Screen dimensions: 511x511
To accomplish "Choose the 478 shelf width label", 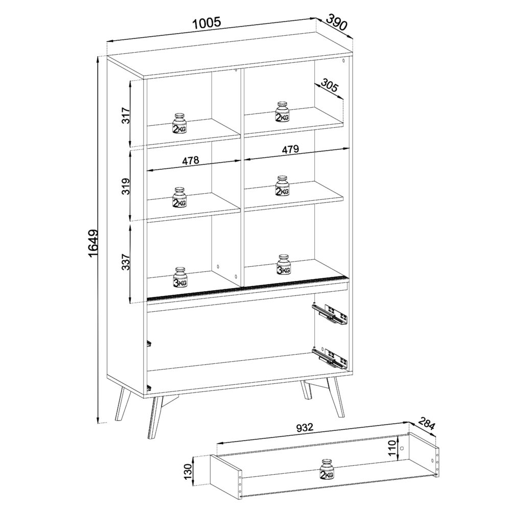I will [190, 160].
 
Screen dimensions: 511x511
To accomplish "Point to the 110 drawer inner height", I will [393, 448].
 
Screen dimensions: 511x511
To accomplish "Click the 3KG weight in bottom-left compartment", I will [180, 277].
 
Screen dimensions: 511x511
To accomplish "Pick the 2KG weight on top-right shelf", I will [282, 112].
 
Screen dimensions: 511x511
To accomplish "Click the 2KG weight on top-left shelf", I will [179, 123].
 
